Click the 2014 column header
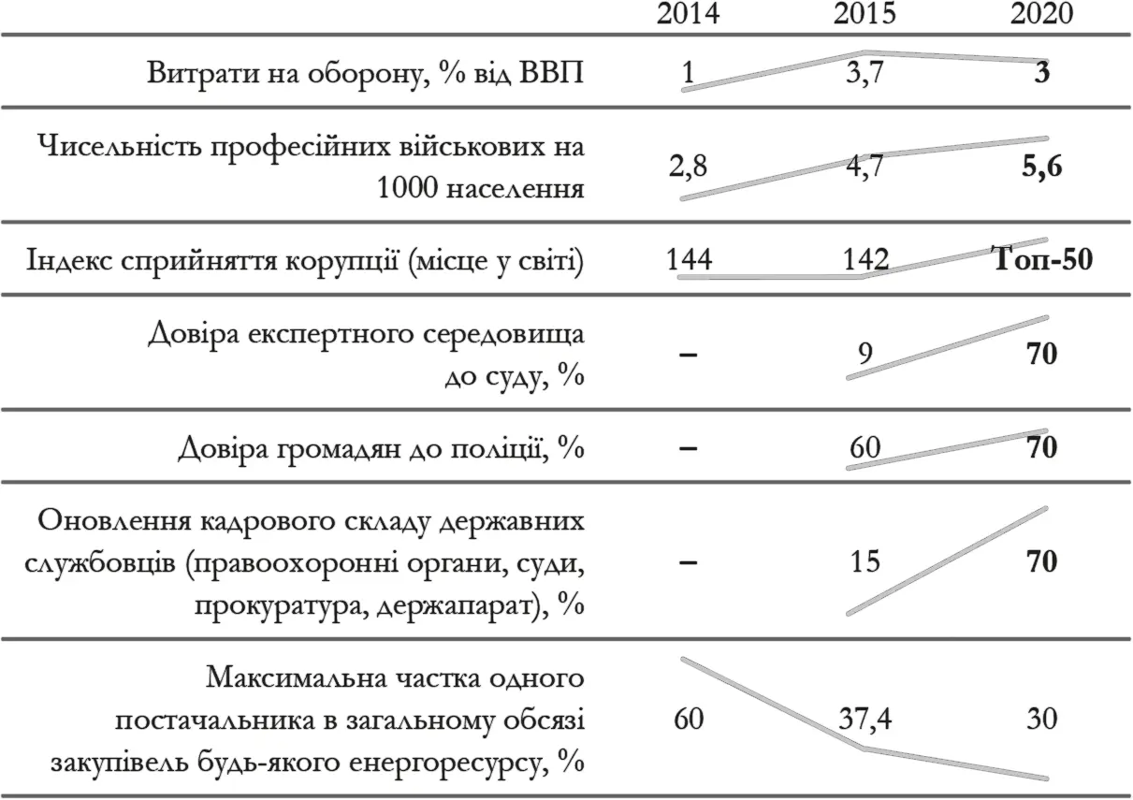[689, 14]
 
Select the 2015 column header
[865, 14]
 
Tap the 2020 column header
[1042, 14]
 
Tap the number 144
[689, 260]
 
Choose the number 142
[865, 260]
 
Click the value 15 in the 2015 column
[865, 562]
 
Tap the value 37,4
[865, 720]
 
